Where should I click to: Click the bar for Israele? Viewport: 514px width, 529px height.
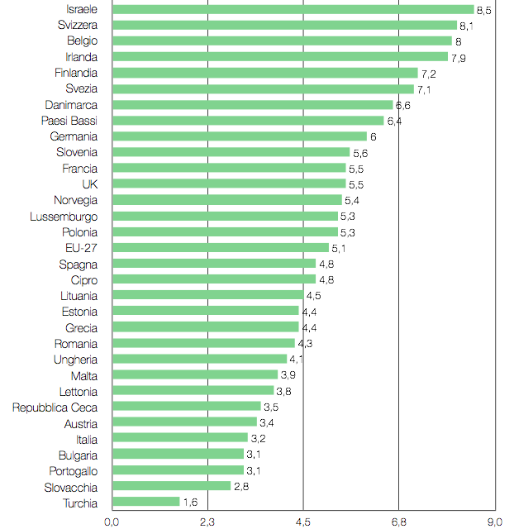click(x=293, y=10)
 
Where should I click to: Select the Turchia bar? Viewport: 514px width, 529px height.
click(x=145, y=502)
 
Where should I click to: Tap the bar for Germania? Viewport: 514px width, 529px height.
click(x=239, y=136)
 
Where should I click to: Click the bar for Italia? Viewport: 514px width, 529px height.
click(x=179, y=438)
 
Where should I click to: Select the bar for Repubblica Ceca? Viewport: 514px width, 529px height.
click(x=186, y=407)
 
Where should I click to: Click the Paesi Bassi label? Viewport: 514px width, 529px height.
click(x=69, y=121)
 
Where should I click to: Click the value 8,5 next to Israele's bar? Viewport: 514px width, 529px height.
click(x=483, y=11)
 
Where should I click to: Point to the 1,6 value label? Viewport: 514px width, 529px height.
click(x=189, y=503)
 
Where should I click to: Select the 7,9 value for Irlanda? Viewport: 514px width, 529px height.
click(x=458, y=58)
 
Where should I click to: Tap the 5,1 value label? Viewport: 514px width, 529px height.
click(x=339, y=248)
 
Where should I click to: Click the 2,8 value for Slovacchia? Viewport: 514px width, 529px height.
click(x=241, y=487)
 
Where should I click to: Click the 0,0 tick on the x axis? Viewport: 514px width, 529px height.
click(x=112, y=521)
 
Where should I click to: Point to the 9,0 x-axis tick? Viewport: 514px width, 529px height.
click(x=494, y=521)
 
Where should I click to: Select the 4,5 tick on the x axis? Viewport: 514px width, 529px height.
click(x=303, y=521)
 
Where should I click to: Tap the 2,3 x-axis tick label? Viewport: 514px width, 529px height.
click(x=207, y=521)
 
